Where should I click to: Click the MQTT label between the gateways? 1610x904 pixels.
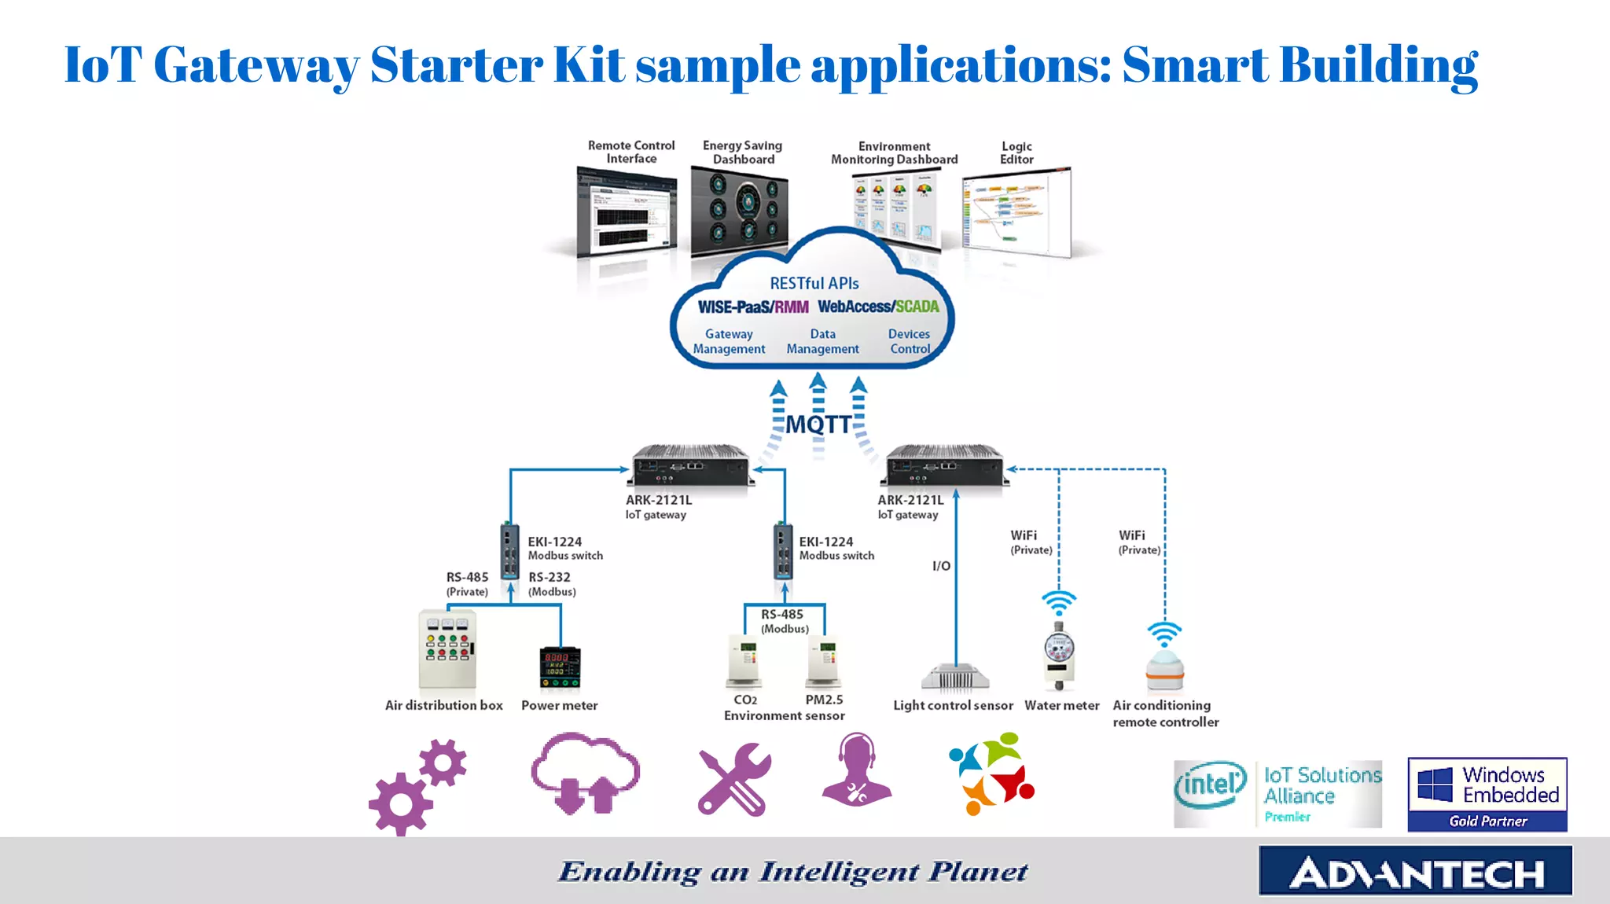(x=818, y=424)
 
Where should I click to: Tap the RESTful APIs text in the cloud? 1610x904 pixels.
(x=814, y=283)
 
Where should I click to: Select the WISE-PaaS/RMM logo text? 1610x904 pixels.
(x=752, y=307)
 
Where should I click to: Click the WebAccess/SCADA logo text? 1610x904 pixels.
(x=878, y=307)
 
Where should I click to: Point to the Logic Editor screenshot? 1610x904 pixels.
(x=1017, y=214)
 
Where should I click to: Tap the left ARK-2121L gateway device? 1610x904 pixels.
(x=690, y=468)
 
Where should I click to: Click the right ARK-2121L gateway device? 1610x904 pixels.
(x=943, y=468)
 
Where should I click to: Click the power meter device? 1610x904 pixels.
(x=560, y=667)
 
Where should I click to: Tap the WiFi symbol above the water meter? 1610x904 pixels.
(x=1059, y=604)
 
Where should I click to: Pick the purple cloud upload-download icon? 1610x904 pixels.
(x=585, y=774)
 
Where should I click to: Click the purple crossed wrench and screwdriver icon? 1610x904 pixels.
(x=734, y=779)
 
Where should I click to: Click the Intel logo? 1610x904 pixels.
(x=1210, y=785)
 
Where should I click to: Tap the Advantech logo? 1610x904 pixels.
(x=1415, y=871)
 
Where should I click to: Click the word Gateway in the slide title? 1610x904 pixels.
(x=256, y=65)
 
